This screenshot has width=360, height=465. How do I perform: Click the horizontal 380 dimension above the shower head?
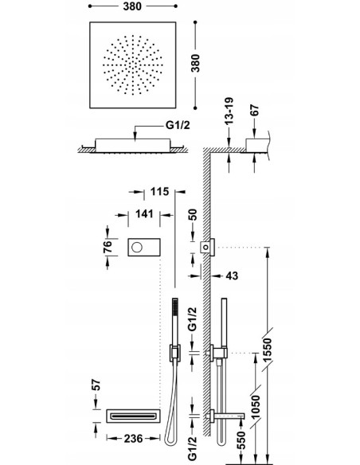132,6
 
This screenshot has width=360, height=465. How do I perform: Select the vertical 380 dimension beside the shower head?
195,63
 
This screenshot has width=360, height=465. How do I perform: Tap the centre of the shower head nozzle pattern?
133,65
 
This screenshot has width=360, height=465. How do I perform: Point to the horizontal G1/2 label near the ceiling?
178,125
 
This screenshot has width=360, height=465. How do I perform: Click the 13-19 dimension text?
229,111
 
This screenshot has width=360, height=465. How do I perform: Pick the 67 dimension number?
254,110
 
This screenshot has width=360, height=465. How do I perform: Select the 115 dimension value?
159,192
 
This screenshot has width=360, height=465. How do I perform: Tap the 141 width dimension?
144,213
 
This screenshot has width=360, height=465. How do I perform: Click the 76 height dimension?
108,247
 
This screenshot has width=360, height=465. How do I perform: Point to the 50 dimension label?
193,216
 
